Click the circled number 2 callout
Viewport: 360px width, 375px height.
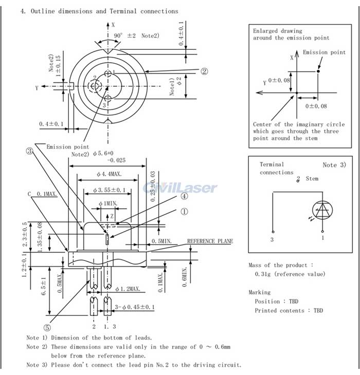[x=204, y=71]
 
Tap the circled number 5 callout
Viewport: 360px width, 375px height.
[x=47, y=327]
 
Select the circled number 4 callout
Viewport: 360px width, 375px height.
[x=184, y=196]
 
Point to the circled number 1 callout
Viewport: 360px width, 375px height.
[x=184, y=212]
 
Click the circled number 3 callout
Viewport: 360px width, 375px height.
[x=29, y=151]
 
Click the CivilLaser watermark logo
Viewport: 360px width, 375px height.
[x=180, y=188]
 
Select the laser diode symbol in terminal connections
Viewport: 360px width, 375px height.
[x=322, y=210]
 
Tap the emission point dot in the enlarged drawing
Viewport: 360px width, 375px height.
[x=318, y=71]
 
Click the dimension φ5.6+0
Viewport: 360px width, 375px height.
[x=103, y=153]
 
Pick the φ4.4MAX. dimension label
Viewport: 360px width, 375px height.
[x=109, y=174]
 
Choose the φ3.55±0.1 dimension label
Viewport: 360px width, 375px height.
[x=109, y=190]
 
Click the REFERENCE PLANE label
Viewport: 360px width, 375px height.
[x=210, y=241]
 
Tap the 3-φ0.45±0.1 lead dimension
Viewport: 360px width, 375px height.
[x=135, y=307]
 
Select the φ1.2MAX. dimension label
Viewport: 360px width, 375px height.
[x=128, y=289]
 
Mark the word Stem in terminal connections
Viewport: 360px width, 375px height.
[x=312, y=179]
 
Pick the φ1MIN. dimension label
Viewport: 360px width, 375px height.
[x=108, y=203]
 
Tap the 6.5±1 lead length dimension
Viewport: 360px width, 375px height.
[x=43, y=286]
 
